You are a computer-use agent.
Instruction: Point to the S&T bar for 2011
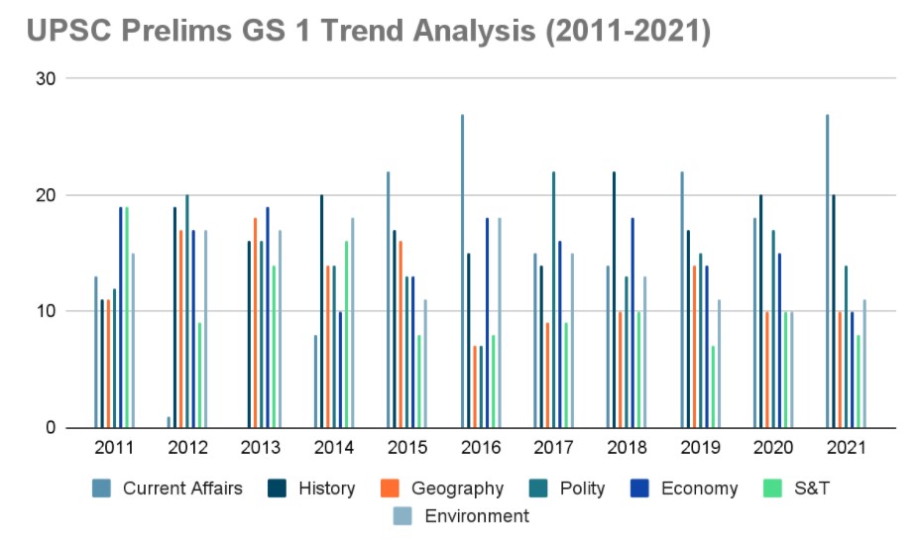tap(127, 318)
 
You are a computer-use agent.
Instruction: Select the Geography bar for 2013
tap(255, 323)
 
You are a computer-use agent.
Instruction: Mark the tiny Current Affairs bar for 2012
tap(170, 423)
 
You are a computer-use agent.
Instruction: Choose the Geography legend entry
tap(443, 488)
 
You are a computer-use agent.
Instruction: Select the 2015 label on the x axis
tap(406, 448)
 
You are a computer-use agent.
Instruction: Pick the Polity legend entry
tap(581, 488)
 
